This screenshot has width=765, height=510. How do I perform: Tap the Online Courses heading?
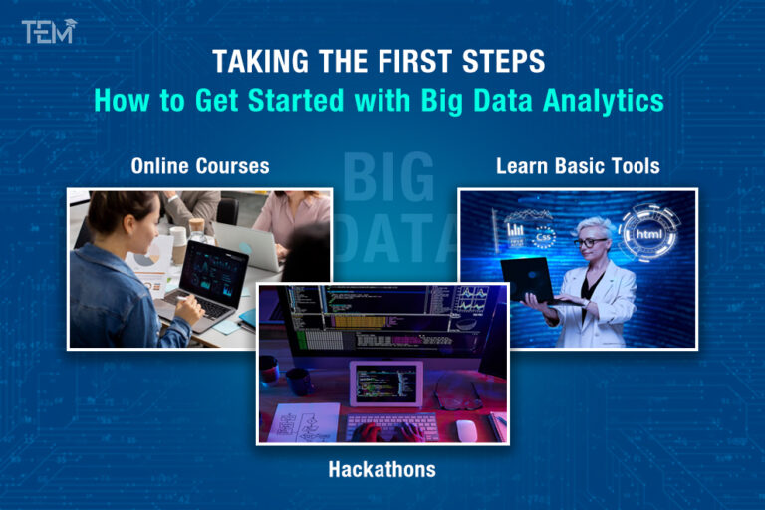coord(200,165)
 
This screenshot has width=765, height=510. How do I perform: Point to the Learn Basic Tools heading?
coord(578,165)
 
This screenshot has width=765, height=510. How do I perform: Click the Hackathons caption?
coord(382,468)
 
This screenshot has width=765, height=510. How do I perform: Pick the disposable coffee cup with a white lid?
coord(178,245)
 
